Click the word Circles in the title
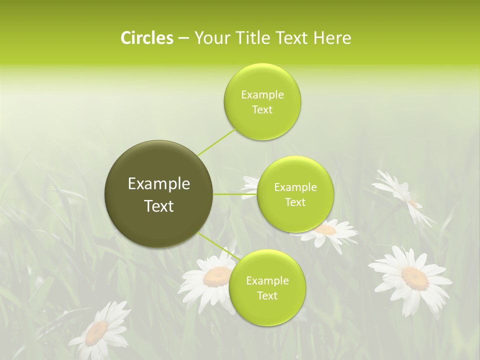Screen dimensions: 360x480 (146, 38)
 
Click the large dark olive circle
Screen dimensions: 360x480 (159, 194)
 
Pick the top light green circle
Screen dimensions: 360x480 (262, 102)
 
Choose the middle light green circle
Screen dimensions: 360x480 (295, 194)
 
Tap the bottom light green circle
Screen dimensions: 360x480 (267, 288)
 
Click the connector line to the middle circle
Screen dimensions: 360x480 (235, 194)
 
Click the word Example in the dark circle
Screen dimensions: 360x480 (159, 184)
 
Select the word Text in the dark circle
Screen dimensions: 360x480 (159, 206)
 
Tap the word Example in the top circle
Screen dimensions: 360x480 (262, 95)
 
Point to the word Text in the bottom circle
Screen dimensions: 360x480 (267, 295)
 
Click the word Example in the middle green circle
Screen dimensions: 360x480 (295, 187)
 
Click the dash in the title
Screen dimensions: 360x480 (183, 38)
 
